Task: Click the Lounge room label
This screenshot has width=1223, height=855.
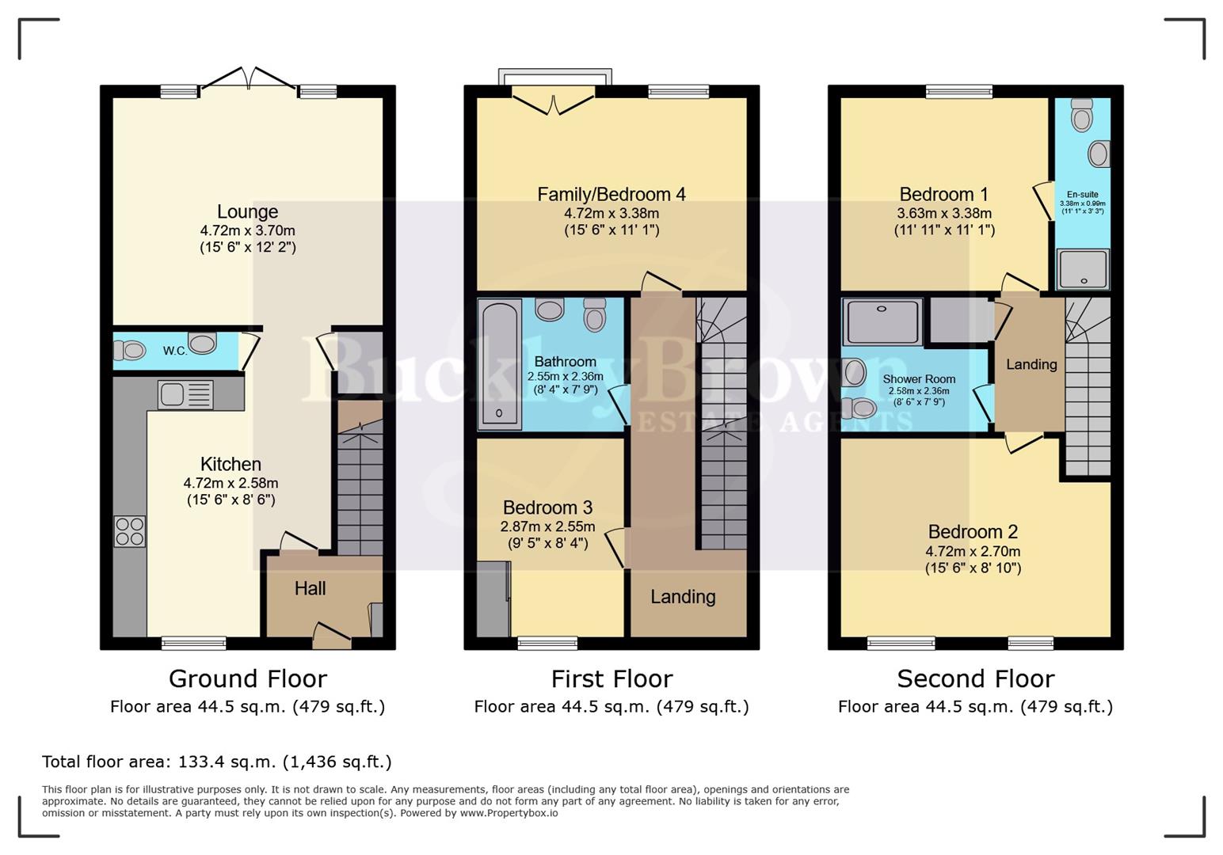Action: (x=247, y=212)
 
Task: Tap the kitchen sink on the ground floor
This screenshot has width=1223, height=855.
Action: (x=185, y=394)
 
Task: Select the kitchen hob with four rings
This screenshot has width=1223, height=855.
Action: (x=130, y=531)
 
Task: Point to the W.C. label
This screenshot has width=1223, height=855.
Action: (x=175, y=351)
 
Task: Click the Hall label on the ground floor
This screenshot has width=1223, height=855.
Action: (x=310, y=589)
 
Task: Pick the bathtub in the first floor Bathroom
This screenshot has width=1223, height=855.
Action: (x=499, y=364)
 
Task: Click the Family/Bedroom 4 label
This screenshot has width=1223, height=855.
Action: (x=611, y=195)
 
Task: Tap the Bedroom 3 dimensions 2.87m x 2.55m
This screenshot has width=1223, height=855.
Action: (x=547, y=526)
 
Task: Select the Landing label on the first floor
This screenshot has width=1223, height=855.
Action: (x=683, y=597)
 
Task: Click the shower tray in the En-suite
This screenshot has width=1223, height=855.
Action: (x=1082, y=268)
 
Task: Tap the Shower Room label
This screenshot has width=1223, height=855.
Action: (x=919, y=379)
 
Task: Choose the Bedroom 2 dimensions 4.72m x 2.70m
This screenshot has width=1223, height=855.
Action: (x=973, y=552)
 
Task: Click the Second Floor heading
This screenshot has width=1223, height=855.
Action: (x=975, y=679)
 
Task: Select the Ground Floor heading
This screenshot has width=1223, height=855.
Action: (x=247, y=679)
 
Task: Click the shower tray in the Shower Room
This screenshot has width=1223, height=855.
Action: (x=882, y=321)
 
